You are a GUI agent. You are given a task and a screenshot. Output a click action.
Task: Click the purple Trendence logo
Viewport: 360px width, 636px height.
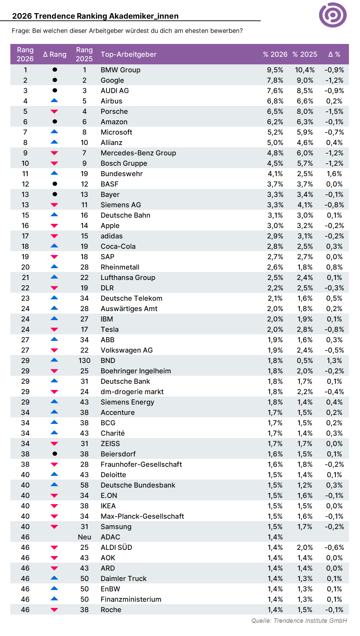pos(333,15)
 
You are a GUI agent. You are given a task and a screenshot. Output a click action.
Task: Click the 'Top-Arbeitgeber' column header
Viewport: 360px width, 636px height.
pos(129,54)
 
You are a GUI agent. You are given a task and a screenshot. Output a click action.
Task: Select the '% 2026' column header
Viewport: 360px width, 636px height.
pos(275,54)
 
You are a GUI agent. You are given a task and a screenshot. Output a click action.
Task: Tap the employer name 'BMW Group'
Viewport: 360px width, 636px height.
pos(121,70)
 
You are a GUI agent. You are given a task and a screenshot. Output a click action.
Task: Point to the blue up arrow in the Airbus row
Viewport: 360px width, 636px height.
pos(54,101)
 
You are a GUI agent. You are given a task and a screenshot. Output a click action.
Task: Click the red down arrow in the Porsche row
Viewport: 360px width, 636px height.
pos(54,111)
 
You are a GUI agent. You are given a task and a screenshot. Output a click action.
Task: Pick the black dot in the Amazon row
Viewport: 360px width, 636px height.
pos(55,121)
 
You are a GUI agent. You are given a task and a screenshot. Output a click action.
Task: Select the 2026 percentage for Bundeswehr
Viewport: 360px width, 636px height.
pos(275,174)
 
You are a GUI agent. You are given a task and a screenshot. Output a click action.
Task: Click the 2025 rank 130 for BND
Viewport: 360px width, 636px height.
pos(84,361)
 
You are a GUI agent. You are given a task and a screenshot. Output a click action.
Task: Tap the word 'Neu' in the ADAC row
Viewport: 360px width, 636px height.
pos(84,537)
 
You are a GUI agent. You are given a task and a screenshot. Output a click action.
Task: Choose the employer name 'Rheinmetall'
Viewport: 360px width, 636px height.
pos(120,267)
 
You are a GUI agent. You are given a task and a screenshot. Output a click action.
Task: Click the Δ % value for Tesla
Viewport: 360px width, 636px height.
pos(334,329)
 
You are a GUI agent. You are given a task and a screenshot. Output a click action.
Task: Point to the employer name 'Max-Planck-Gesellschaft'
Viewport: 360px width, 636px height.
pos(142,516)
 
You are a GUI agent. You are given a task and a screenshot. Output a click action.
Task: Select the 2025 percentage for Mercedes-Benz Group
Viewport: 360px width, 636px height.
pos(305,153)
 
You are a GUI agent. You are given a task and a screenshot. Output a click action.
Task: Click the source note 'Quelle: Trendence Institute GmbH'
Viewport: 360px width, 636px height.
pos(299,620)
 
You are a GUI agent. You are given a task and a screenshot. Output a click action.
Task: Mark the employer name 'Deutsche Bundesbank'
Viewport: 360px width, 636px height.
pos(138,485)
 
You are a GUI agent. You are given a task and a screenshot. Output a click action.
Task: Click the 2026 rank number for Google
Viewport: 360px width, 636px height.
pos(25,80)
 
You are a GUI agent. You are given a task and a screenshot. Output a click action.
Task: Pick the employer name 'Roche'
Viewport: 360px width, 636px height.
pos(111,610)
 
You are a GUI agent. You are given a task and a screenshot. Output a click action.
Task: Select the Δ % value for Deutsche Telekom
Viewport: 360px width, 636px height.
pos(334,298)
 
